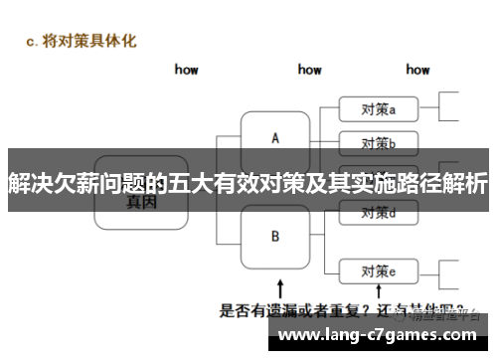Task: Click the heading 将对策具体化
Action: click(x=99, y=41)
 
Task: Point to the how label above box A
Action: click(x=309, y=70)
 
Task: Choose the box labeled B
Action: click(x=275, y=237)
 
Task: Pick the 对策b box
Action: click(x=378, y=140)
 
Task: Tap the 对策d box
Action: click(x=378, y=212)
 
